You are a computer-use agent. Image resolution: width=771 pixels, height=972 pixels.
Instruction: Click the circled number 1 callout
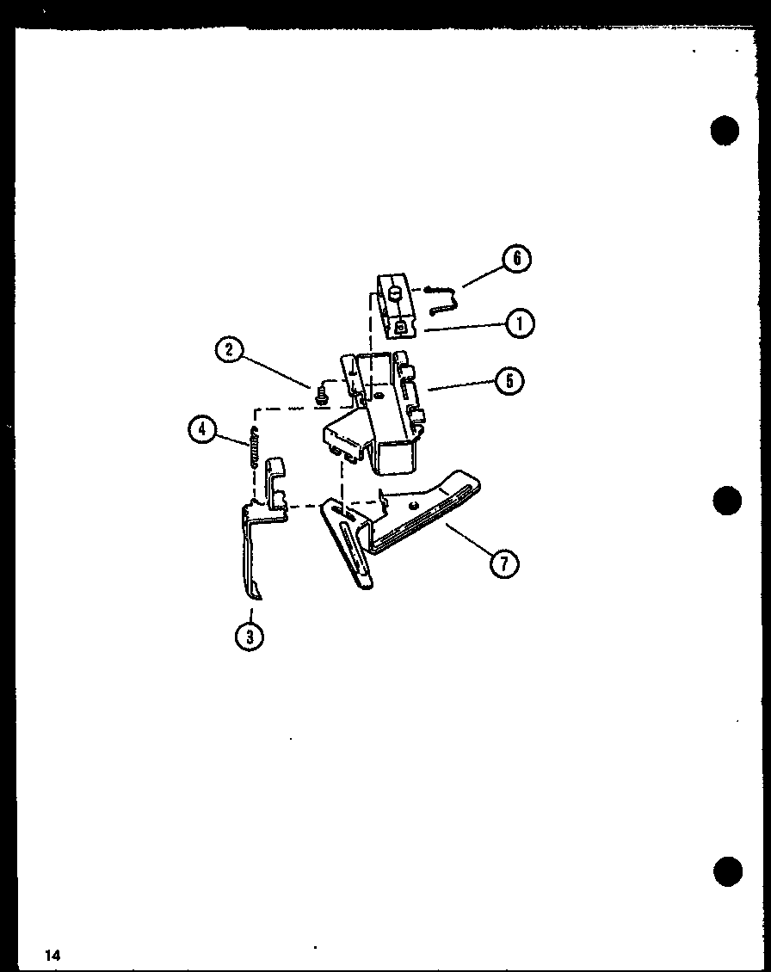(x=519, y=323)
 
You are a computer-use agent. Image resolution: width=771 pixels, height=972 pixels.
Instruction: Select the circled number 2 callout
(x=230, y=350)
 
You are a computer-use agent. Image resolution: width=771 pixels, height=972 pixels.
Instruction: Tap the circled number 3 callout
(x=250, y=637)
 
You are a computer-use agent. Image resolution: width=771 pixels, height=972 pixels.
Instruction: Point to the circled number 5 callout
(x=509, y=380)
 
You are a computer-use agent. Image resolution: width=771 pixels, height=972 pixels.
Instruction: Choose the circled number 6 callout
(x=516, y=259)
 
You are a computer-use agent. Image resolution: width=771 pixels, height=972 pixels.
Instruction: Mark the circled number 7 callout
(x=504, y=563)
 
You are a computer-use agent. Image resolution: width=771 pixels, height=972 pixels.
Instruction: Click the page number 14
(x=52, y=955)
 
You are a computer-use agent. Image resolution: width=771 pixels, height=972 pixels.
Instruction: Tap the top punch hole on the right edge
(x=725, y=131)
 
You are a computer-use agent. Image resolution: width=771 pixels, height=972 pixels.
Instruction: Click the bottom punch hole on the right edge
(x=728, y=872)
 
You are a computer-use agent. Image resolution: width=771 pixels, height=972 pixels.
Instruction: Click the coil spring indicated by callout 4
(x=253, y=449)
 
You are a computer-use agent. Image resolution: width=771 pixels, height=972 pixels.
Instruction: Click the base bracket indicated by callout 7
(x=397, y=527)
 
